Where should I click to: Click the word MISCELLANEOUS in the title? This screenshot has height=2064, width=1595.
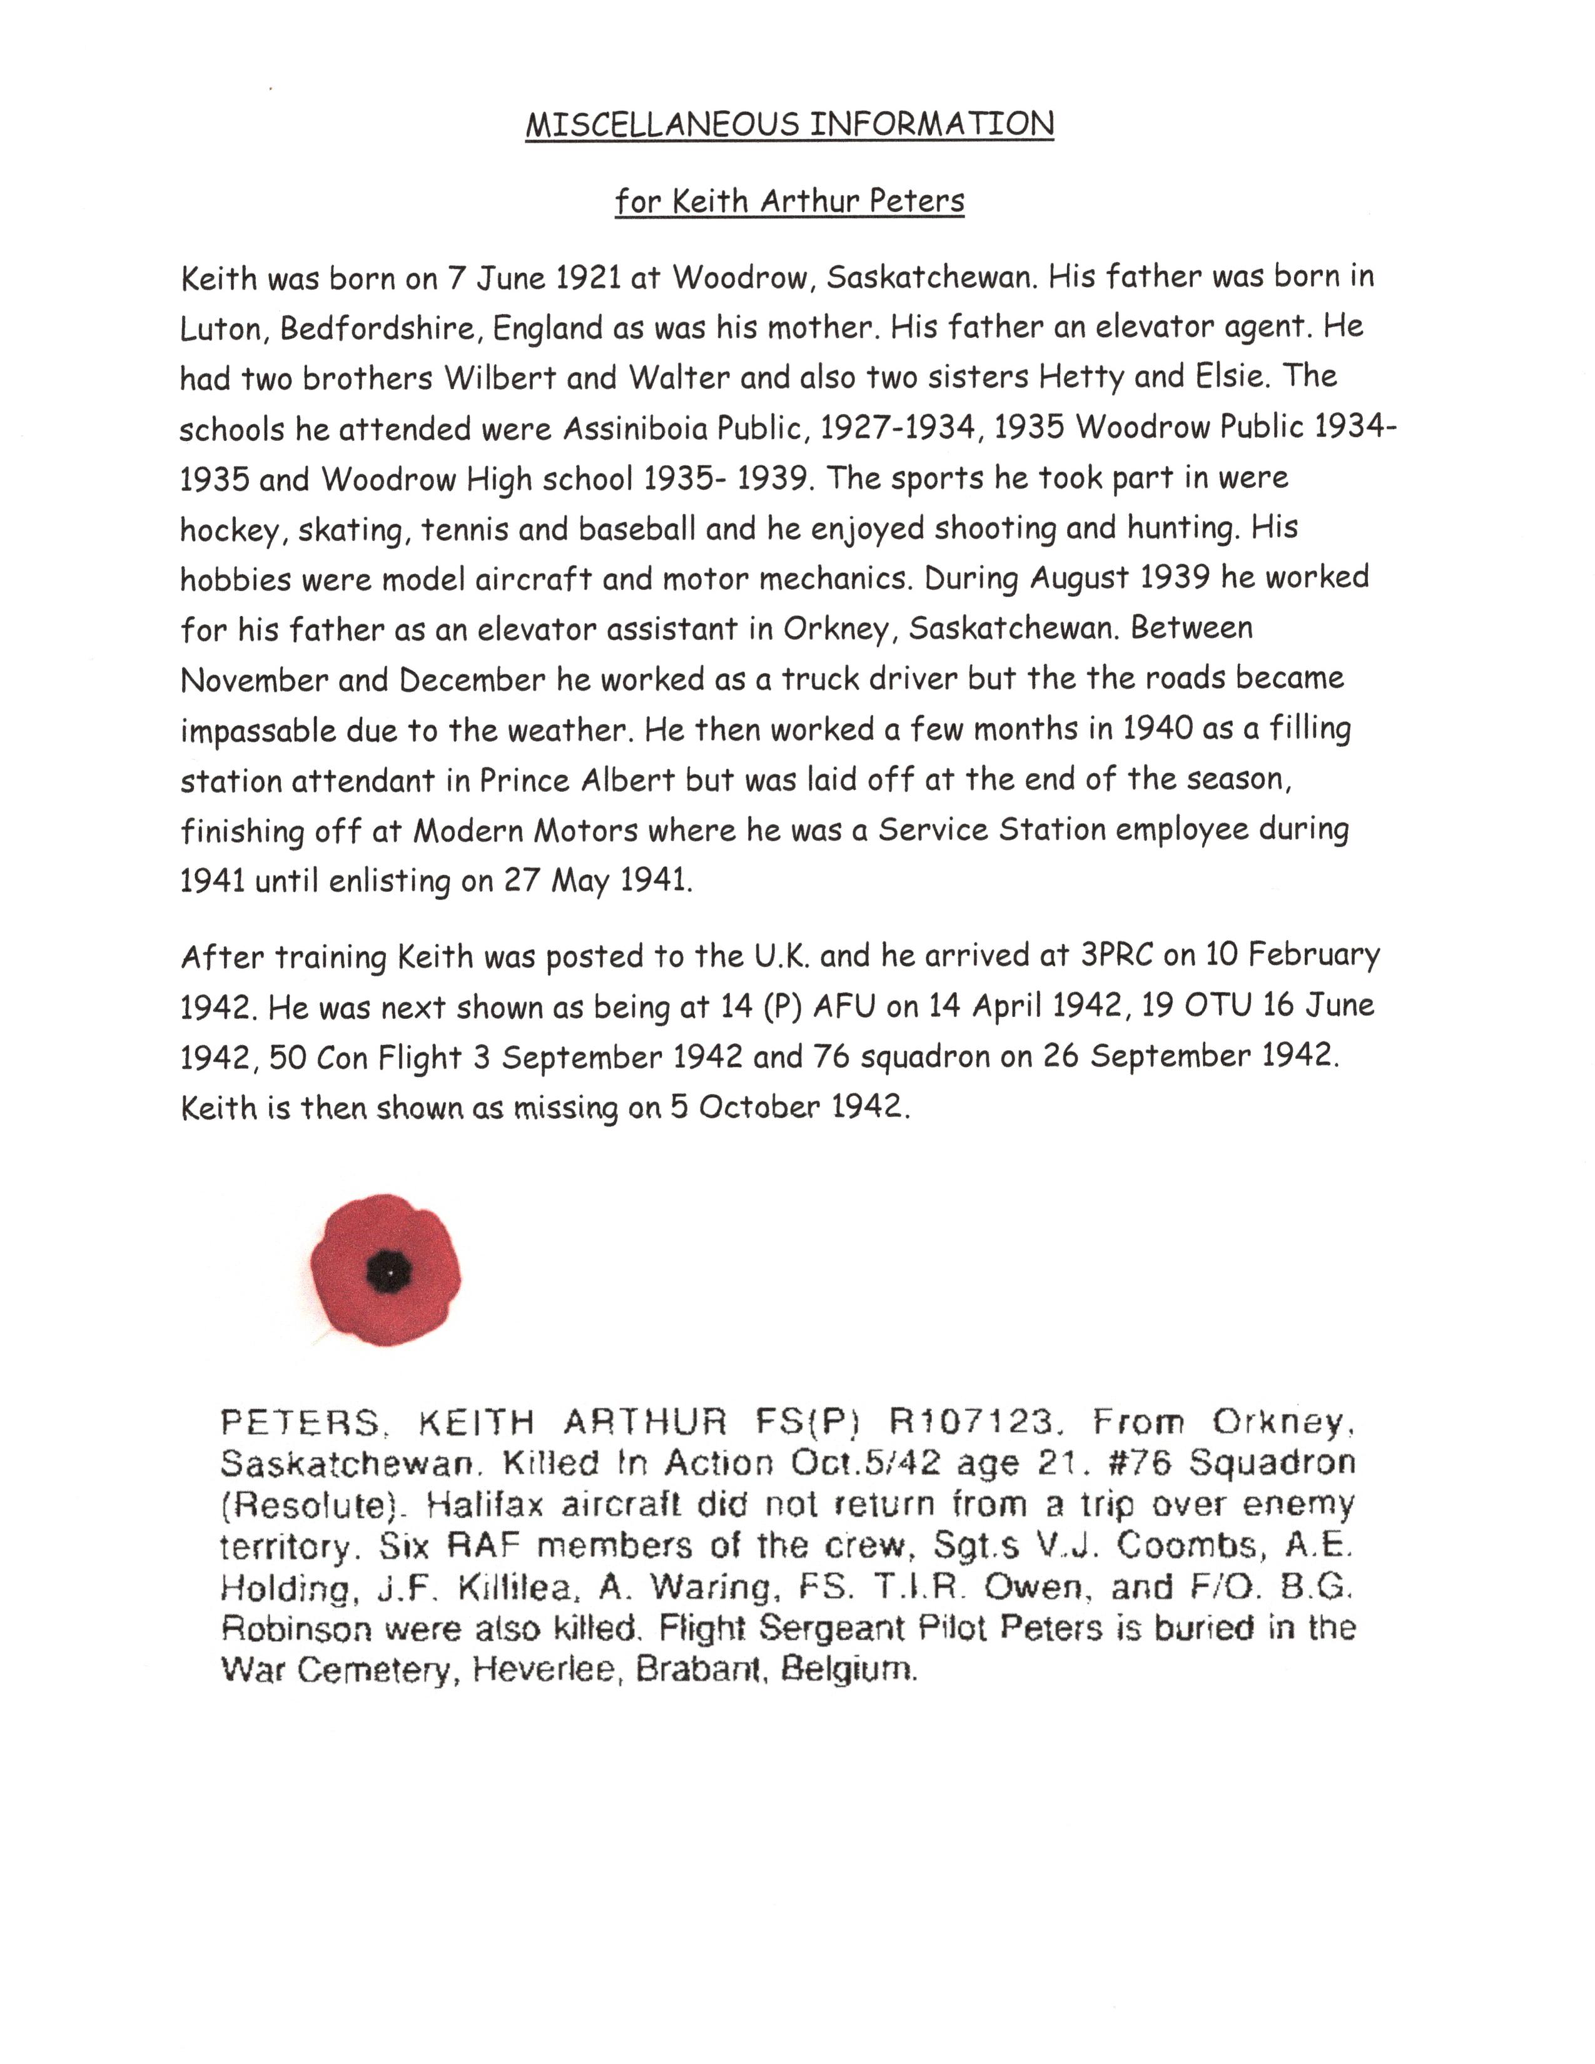[x=663, y=124]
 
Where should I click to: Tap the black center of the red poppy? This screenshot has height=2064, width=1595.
[x=387, y=1271]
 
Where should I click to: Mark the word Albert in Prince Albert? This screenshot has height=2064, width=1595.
[x=627, y=781]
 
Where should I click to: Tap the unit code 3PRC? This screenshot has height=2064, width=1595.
[x=1117, y=956]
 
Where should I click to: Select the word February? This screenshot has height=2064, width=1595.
[x=1314, y=956]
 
